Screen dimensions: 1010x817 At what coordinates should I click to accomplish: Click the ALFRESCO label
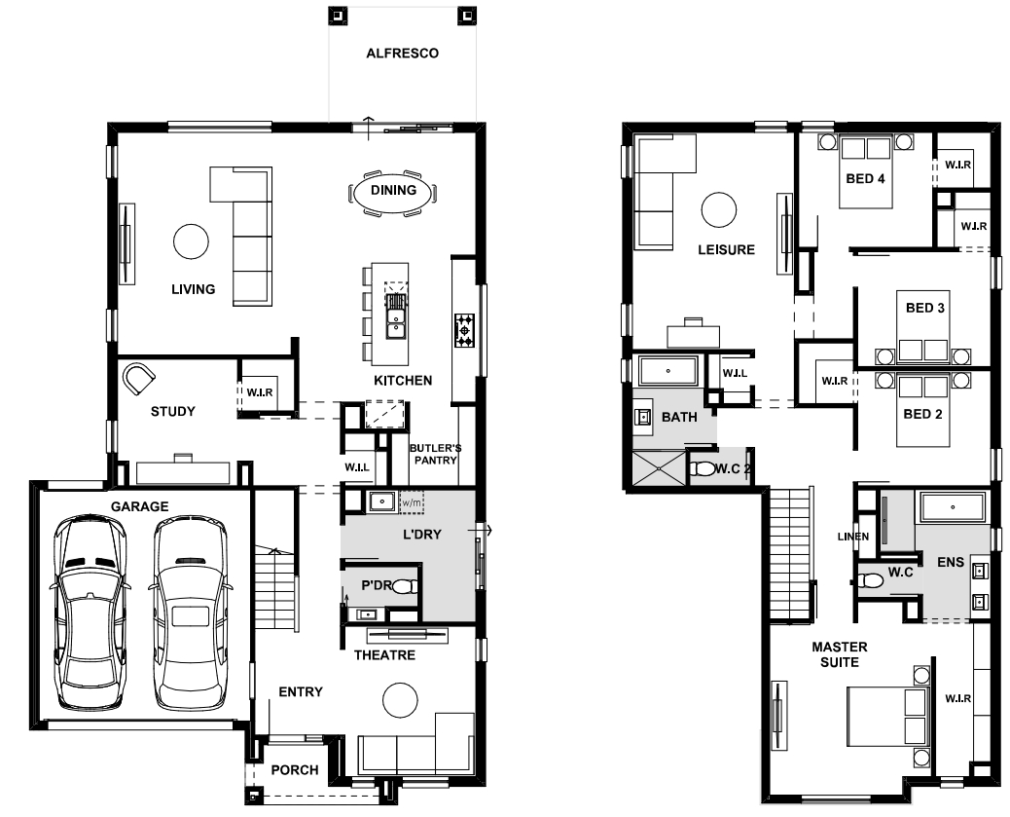(402, 54)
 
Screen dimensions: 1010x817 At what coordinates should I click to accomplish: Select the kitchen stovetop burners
(464, 330)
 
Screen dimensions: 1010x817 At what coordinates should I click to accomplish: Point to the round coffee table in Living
(191, 241)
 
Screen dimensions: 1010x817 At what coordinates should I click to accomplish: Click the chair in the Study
(138, 380)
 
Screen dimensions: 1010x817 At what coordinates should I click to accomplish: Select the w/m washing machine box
(412, 501)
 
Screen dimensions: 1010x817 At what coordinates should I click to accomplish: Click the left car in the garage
(90, 612)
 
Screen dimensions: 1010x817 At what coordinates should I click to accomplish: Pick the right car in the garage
(192, 612)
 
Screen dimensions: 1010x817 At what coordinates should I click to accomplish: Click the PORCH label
(295, 770)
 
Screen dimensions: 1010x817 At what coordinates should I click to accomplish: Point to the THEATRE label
(384, 655)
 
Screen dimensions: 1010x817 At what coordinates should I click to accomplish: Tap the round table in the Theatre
(400, 699)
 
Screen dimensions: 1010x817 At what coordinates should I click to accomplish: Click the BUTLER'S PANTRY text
(436, 454)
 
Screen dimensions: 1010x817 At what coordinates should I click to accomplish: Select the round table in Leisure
(718, 209)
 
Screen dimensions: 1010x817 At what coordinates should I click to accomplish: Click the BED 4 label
(865, 178)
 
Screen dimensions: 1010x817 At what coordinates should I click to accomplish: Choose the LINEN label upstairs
(852, 537)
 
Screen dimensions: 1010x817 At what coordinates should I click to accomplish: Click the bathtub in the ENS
(953, 507)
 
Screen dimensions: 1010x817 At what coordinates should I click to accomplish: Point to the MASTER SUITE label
(840, 654)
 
